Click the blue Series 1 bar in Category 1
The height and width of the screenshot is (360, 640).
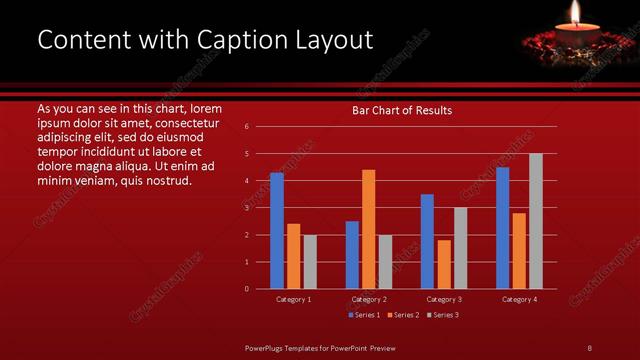click(x=277, y=231)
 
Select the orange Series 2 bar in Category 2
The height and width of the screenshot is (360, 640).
click(x=368, y=229)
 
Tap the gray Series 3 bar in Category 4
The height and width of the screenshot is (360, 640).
click(x=535, y=221)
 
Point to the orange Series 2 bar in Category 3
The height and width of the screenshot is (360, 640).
click(x=443, y=264)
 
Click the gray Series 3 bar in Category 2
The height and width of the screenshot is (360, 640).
click(x=384, y=261)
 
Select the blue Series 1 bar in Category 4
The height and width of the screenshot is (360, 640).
click(x=502, y=228)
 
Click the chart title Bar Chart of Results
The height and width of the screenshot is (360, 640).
click(x=402, y=110)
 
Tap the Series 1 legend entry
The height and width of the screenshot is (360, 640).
click(x=363, y=315)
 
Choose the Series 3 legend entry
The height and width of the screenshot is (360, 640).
click(x=442, y=315)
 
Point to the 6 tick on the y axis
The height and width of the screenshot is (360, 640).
click(x=247, y=127)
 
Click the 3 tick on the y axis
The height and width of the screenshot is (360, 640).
click(x=247, y=208)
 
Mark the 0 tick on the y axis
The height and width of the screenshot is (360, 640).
click(x=247, y=289)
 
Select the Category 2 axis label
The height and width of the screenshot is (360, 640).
click(x=369, y=299)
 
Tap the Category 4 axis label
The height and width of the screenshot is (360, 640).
click(x=519, y=299)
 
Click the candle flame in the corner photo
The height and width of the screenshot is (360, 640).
click(x=575, y=13)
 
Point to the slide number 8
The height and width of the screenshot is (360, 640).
click(x=589, y=347)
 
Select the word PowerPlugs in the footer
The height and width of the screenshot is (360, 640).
click(x=265, y=347)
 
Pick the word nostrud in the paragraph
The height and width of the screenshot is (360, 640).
click(x=167, y=180)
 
